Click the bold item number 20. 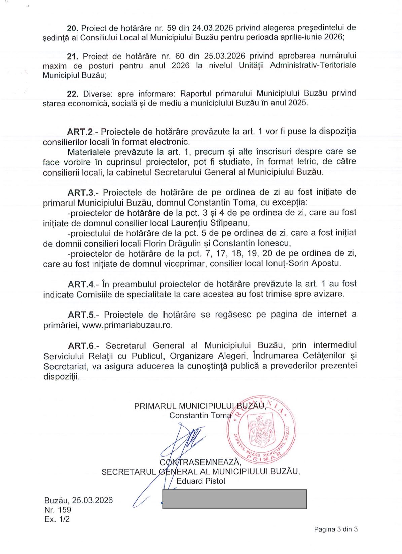coord(72,28)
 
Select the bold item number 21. coord(73,57)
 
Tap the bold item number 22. coord(73,94)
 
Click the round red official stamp coord(261,429)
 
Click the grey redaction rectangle coord(234,499)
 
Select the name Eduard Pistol coord(201,481)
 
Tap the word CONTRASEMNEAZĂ coord(200,462)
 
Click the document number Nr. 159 coord(58,510)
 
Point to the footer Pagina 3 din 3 coord(335,529)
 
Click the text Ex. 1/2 coord(57,519)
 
